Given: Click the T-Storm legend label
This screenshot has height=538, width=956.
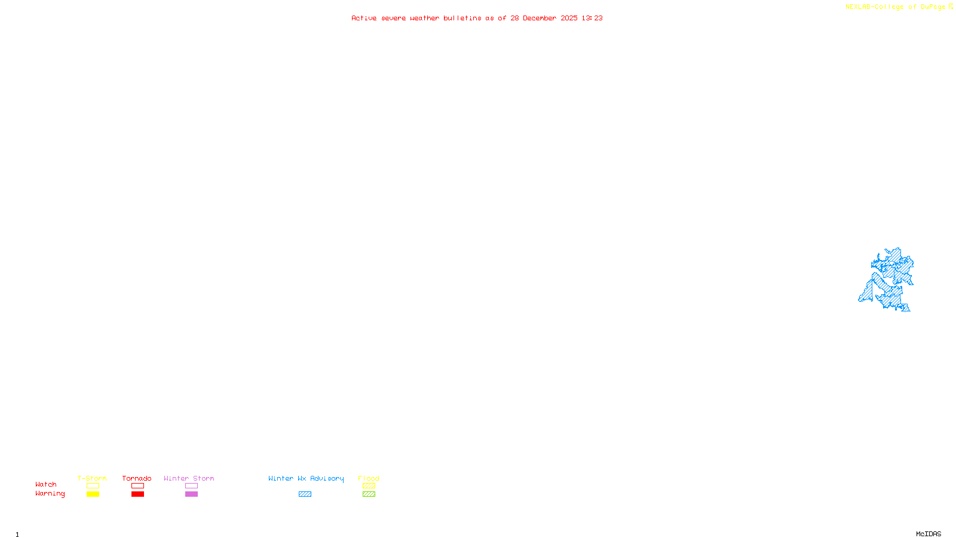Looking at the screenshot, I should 92,478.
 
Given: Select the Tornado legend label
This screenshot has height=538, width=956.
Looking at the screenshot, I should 137,478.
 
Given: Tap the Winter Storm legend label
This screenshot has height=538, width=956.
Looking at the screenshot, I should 189,478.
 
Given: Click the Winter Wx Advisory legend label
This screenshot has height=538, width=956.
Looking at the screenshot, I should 306,478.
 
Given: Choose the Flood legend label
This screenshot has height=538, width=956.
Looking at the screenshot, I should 369,478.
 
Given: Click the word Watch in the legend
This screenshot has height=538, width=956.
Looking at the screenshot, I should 46,484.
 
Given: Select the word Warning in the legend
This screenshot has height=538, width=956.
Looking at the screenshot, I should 50,494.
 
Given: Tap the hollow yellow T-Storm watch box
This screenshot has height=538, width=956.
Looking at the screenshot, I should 93,486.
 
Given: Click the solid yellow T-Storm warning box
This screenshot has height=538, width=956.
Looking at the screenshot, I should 93,494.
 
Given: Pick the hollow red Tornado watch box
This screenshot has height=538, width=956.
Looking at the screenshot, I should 137,486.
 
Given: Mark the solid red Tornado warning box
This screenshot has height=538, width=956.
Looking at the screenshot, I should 137,494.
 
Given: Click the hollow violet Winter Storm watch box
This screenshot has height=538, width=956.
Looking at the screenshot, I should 191,486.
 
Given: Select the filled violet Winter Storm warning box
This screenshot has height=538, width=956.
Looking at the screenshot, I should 191,494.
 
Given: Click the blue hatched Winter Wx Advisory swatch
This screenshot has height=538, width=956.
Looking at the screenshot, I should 305,494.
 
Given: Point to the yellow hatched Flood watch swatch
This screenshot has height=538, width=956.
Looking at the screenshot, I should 369,486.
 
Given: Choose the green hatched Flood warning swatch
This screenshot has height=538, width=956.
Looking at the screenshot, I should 369,494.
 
